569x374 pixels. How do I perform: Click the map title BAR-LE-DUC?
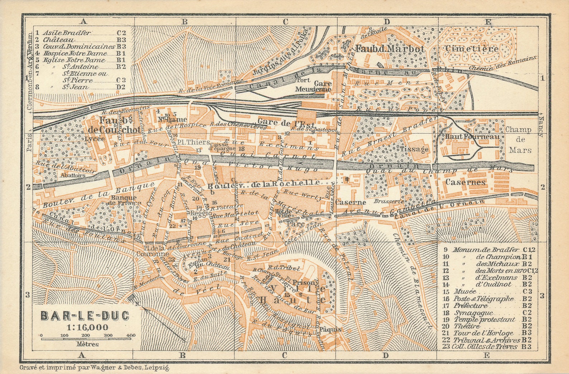[x=85, y=316]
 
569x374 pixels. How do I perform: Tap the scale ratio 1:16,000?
[x=87, y=327]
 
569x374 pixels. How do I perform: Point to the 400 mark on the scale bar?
[x=131, y=335]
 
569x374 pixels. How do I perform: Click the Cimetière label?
[x=472, y=49]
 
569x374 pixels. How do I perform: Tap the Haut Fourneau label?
[x=472, y=137]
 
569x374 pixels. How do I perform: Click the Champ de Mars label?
[x=518, y=140]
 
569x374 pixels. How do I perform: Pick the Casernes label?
[x=465, y=182]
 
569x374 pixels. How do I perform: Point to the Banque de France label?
[x=124, y=200]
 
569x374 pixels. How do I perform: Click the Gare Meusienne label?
[x=313, y=86]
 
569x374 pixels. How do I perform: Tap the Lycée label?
[x=95, y=138]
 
